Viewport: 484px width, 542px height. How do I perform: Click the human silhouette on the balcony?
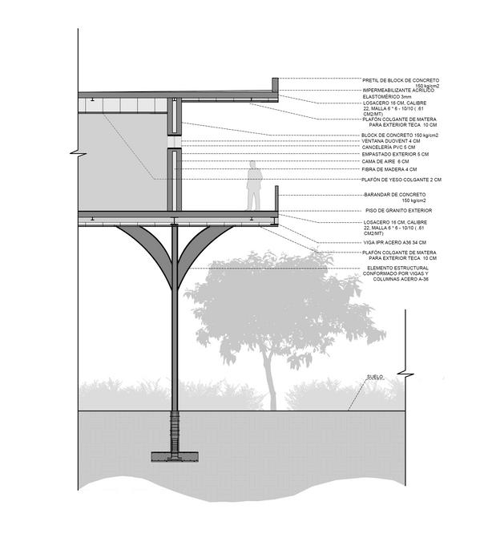tap(253, 186)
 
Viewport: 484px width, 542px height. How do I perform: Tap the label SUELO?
tap(376, 376)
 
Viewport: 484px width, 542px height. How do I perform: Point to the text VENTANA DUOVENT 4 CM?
tap(390, 142)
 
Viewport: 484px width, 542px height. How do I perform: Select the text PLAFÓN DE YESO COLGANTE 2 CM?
tap(401, 180)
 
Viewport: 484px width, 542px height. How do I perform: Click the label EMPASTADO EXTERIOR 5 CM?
tap(396, 155)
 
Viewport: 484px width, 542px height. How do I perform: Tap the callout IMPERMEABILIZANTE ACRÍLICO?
tap(398, 91)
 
